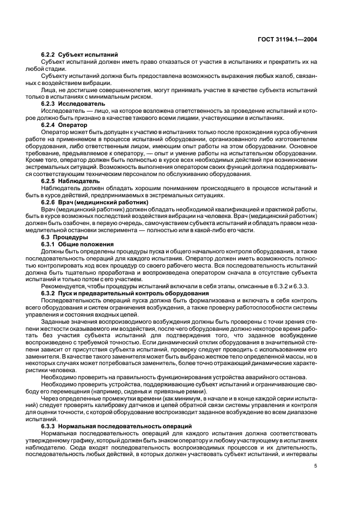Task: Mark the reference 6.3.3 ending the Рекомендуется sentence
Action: point(301,287)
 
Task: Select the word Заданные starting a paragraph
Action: point(57,323)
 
